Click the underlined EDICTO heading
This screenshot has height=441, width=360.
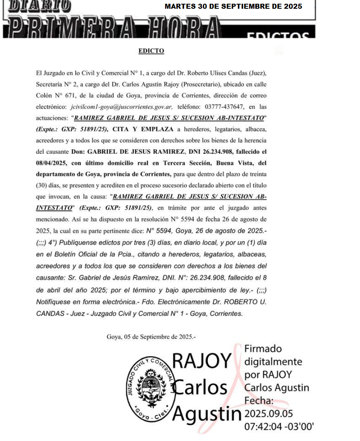coord(151,51)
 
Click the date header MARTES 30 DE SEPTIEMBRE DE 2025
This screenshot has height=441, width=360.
coord(233,7)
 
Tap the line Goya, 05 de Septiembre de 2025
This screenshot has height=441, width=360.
coord(151,337)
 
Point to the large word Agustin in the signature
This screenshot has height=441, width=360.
coord(207,414)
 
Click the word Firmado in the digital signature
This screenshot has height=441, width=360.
coord(263,349)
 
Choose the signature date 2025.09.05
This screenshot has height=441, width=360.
coord(269,414)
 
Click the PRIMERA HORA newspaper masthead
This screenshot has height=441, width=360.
coord(112,28)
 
